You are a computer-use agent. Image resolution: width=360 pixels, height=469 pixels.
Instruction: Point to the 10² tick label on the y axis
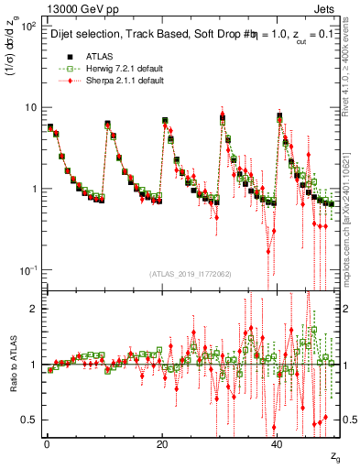tap(27, 26)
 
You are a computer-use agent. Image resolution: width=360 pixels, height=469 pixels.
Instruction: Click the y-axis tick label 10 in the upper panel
tap(29, 107)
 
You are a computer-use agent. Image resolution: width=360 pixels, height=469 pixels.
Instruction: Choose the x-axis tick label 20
tap(162, 444)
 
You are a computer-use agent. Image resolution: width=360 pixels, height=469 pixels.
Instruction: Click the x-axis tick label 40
tap(278, 444)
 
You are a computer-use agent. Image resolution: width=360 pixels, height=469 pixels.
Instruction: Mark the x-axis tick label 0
tap(47, 444)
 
